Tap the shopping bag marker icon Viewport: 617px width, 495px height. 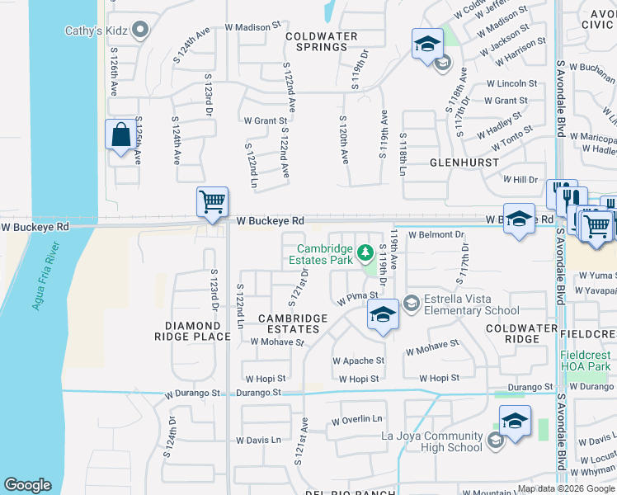(120, 135)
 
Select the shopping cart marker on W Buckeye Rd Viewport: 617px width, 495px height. (212, 202)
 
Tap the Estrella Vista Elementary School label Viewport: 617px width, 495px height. (472, 304)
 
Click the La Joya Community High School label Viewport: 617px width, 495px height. (431, 441)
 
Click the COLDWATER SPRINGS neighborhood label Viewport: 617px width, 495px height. (322, 41)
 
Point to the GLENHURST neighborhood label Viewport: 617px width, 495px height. (461, 163)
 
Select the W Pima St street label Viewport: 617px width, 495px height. (356, 295)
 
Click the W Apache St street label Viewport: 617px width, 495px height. (358, 361)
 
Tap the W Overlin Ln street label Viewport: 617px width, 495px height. (358, 420)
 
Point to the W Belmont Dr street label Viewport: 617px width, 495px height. (436, 235)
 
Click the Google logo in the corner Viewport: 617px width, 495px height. (27, 485)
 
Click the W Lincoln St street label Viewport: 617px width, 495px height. (511, 84)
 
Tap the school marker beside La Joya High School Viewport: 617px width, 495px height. (515, 423)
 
